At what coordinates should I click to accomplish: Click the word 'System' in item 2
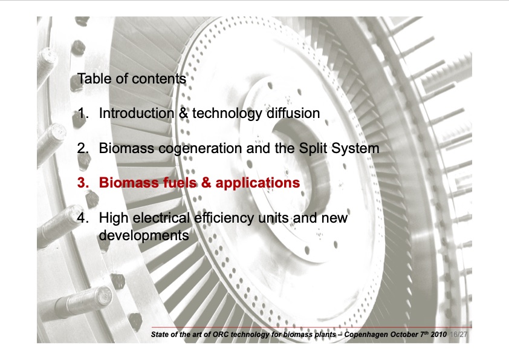click(355, 148)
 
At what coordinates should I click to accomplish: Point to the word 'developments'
click(143, 235)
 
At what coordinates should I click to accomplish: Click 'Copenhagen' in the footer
click(367, 334)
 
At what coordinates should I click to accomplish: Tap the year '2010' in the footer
click(439, 334)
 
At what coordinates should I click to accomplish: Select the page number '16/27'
click(460, 334)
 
